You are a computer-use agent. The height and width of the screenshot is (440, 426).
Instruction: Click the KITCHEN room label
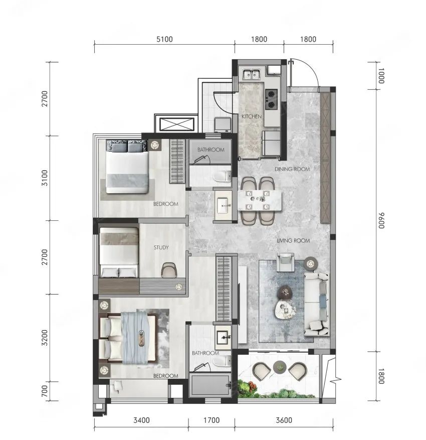(x=252, y=116)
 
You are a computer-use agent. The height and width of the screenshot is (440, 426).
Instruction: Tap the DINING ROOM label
(x=292, y=169)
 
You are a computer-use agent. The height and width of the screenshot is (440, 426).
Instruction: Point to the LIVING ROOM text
(x=293, y=240)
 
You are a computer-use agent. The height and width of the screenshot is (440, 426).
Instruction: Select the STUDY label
(x=161, y=247)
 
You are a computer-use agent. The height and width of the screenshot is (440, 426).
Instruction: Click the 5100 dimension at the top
(x=164, y=39)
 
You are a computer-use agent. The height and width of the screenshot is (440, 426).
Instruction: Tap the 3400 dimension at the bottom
(x=141, y=420)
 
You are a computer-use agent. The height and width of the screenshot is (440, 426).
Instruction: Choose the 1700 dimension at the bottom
(x=211, y=420)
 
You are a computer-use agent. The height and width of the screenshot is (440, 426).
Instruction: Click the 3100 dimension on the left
(x=45, y=178)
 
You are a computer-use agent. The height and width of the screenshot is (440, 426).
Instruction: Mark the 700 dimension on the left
(x=45, y=391)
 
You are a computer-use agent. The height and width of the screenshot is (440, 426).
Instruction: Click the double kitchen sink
(x=252, y=74)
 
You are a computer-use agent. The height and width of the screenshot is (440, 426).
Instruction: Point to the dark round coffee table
(x=285, y=292)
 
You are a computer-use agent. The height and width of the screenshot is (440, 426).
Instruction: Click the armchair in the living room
(x=286, y=262)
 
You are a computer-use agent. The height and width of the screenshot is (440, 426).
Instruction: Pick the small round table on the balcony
(x=280, y=367)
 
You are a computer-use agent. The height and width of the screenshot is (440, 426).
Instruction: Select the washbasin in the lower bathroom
(x=223, y=335)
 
